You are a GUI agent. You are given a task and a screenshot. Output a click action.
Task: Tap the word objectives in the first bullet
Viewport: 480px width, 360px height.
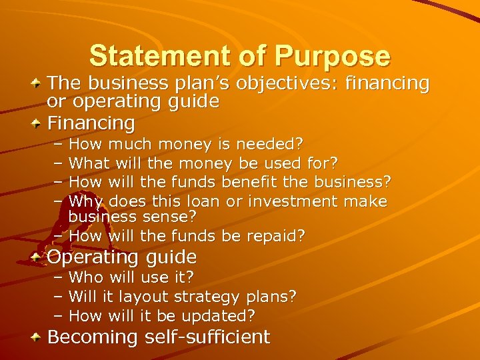pyautogui.click(x=255, y=84)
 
